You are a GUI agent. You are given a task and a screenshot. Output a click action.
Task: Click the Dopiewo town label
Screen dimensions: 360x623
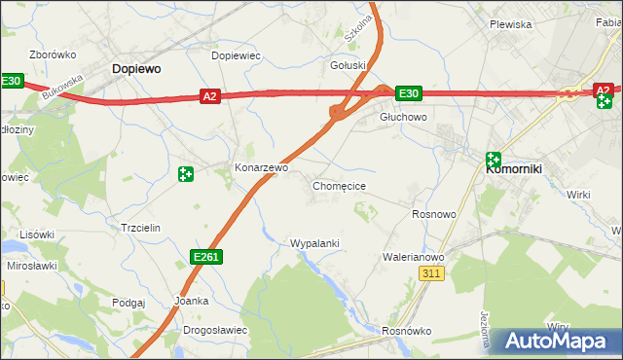pos(136,69)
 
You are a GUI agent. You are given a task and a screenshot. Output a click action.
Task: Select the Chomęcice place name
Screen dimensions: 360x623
pos(339,185)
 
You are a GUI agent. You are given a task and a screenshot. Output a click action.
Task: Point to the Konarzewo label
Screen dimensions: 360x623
pos(262,167)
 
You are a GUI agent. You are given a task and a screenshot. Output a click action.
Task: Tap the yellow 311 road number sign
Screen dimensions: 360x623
pos(433,275)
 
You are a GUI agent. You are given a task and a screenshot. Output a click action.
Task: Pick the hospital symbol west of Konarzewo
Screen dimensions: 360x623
pos(185,174)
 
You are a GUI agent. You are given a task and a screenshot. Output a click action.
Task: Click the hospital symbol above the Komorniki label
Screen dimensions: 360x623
pos(494,159)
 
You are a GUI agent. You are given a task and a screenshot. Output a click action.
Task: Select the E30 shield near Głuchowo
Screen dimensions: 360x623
pos(409,93)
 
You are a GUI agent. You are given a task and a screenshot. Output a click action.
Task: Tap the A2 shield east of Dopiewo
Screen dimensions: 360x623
pos(210,95)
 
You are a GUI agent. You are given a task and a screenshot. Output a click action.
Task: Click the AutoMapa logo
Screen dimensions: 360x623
pos(559,342)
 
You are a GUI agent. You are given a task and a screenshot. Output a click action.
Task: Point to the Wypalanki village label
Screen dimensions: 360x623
pos(314,243)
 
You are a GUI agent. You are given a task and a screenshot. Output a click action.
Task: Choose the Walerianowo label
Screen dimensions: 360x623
pos(413,257)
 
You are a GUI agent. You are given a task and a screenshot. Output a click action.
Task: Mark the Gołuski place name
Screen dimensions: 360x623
pos(348,65)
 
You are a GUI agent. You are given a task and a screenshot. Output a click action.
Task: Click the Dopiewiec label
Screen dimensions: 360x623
pos(236,55)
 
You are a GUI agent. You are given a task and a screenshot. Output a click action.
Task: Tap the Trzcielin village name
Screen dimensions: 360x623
pos(139,227)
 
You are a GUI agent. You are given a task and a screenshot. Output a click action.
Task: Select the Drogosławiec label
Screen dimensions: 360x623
pos(215,330)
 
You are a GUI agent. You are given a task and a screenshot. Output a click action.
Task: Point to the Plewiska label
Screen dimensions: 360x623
pos(510,24)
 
